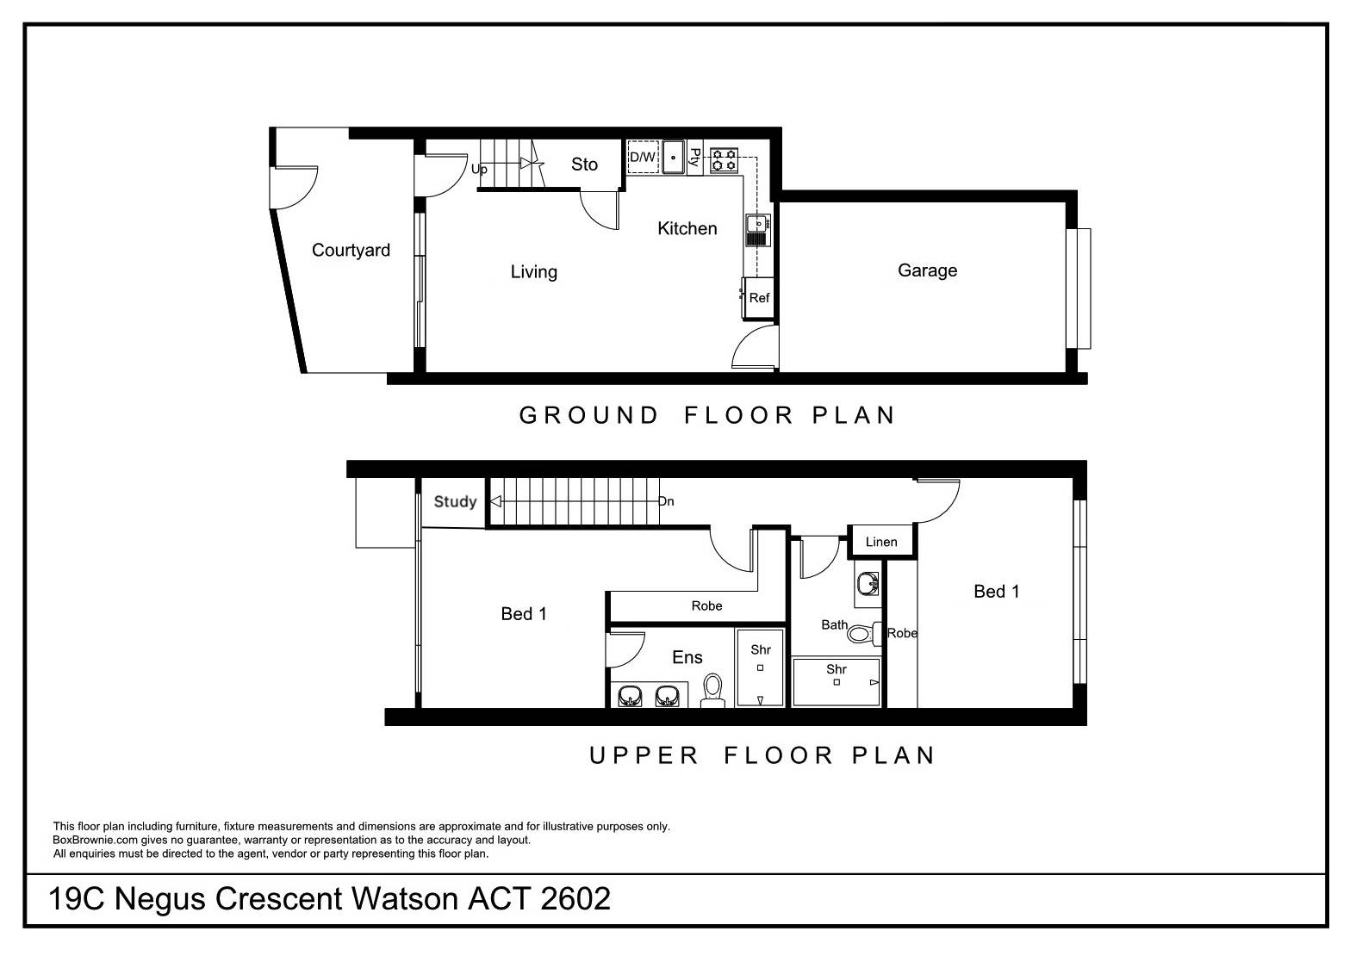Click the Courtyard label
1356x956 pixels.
point(351,251)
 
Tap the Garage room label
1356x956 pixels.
point(927,270)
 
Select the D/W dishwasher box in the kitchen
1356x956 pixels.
point(643,158)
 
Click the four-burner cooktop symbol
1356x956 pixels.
point(724,158)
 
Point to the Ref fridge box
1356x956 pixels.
point(759,298)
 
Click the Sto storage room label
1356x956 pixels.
point(584,165)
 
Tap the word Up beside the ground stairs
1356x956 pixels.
point(479,170)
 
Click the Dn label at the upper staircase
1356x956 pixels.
point(666,501)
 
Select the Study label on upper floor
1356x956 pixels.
point(455,501)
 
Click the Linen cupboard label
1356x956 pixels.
point(880,542)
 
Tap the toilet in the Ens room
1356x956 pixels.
point(712,691)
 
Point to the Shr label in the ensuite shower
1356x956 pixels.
point(760,650)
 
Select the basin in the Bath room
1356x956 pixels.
point(868,585)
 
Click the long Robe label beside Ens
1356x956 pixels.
point(706,606)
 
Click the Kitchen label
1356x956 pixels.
point(687,228)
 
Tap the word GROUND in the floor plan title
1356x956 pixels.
point(589,415)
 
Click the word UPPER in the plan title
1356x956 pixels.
point(644,756)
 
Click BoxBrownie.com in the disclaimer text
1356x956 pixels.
point(95,840)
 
